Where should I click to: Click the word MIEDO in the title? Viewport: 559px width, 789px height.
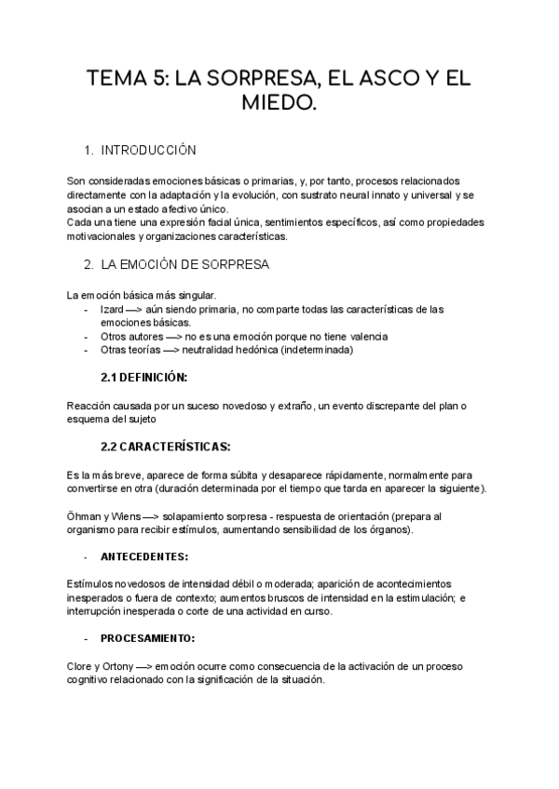click(279, 109)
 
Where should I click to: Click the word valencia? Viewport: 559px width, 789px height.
click(364, 336)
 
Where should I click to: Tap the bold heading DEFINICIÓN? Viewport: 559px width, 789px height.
click(154, 378)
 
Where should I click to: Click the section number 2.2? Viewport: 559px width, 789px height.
click(110, 447)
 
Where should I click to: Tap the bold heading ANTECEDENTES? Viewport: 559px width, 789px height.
click(144, 557)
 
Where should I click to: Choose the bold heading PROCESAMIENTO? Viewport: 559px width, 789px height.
click(148, 639)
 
